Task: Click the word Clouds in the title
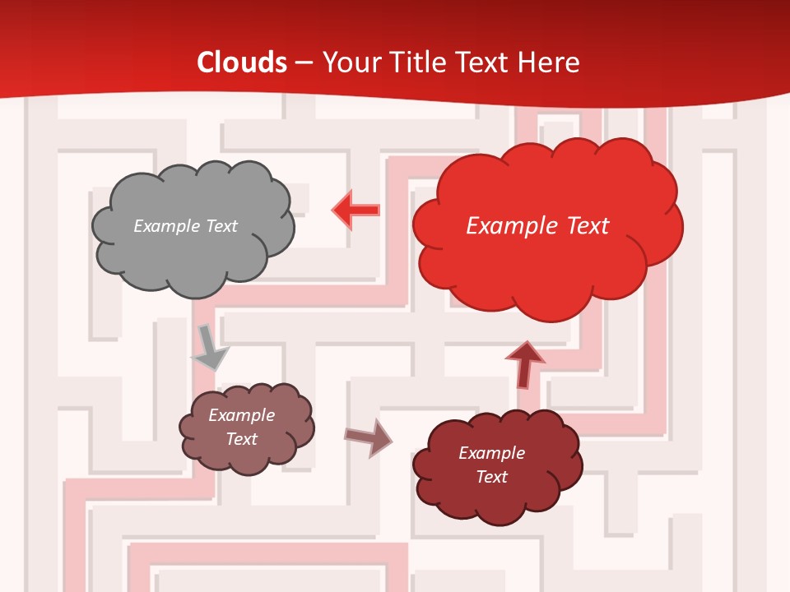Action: (242, 62)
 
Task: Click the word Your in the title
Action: (351, 62)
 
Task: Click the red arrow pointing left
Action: (356, 210)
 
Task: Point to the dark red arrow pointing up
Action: (524, 363)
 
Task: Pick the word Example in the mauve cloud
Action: (242, 415)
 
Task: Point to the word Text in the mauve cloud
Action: (242, 439)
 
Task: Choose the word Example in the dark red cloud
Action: (491, 453)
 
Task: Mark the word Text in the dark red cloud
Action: (491, 477)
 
